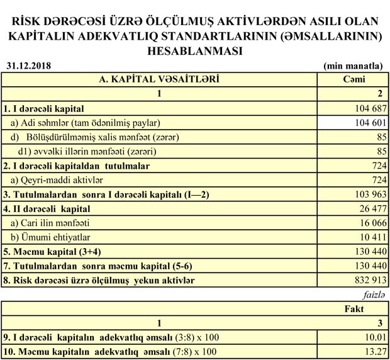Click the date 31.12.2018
30,65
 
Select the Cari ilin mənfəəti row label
54,223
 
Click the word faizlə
372,294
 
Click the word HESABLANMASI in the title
194,50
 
